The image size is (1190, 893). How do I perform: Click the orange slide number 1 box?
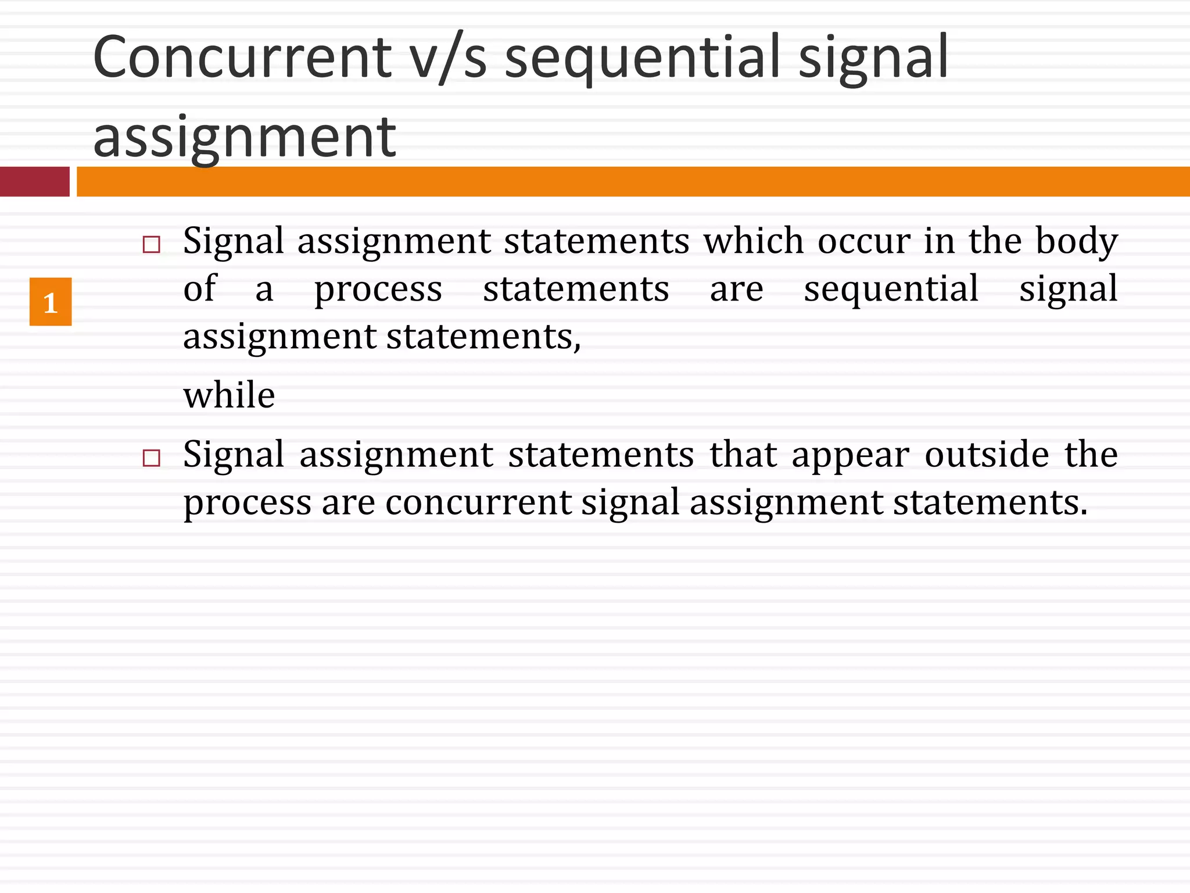[51, 302]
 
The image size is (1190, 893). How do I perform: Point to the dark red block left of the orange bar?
[35, 181]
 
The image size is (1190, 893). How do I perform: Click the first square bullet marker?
[151, 244]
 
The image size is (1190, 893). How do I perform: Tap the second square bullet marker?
[151, 458]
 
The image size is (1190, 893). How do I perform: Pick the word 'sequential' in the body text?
[891, 289]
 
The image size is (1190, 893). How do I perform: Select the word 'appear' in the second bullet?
[850, 455]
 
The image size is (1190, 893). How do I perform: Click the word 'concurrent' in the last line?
[478, 502]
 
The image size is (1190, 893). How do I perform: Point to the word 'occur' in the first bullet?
[864, 241]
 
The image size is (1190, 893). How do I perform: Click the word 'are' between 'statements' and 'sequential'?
[736, 289]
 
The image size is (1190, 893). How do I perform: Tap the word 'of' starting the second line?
[199, 288]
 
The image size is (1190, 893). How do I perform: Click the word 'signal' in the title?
[873, 58]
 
